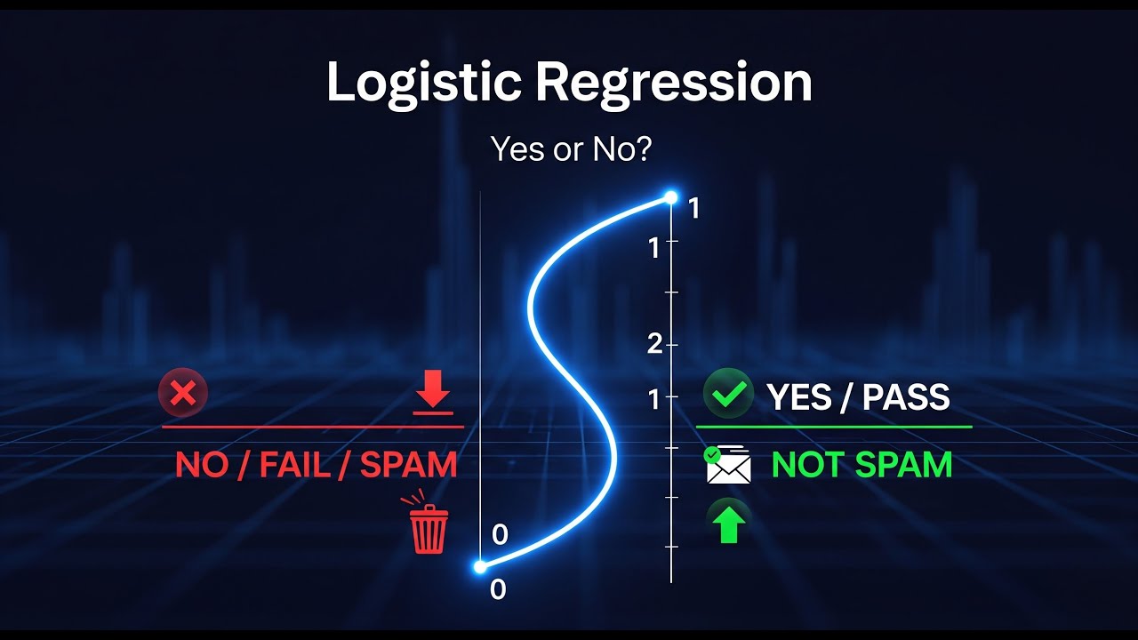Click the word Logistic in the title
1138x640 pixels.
[423, 84]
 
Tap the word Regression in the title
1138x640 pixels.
[673, 84]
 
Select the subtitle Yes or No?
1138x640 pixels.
[571, 149]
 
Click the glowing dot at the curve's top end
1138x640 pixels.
[671, 197]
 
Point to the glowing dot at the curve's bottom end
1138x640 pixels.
[480, 566]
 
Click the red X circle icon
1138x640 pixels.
[183, 393]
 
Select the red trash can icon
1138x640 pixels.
[428, 528]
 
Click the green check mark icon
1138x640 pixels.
[728, 395]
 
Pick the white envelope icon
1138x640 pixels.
[728, 466]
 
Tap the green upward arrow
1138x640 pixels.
[728, 523]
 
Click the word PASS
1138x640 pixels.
[906, 397]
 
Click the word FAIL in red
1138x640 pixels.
[293, 465]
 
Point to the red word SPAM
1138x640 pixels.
[408, 465]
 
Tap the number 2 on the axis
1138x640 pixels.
[655, 345]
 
